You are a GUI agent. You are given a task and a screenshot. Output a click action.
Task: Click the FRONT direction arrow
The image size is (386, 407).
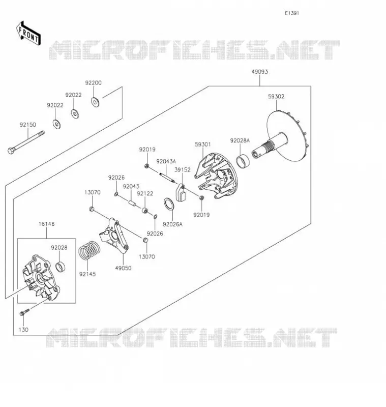pos(28,34)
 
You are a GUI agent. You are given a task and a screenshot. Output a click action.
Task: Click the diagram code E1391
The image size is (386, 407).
pos(292,13)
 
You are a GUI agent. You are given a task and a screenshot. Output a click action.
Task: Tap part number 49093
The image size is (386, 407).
pos(259,72)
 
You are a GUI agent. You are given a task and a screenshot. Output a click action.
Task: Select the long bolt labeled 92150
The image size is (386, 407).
pos(26,142)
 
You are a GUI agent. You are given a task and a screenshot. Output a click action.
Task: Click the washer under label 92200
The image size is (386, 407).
pos(95,102)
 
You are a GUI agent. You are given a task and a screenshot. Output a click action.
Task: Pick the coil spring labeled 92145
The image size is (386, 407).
pos(89,250)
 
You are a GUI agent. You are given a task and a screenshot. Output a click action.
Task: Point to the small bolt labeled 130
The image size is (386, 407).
pos(24,312)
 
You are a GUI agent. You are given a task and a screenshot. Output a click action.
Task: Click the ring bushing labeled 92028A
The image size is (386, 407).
pos(243,161)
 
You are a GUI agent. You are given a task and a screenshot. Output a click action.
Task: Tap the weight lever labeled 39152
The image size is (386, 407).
pos(181,193)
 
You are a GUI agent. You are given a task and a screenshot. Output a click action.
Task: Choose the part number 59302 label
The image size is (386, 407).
pos(276,97)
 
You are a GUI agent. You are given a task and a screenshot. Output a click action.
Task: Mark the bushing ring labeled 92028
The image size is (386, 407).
pos(61,267)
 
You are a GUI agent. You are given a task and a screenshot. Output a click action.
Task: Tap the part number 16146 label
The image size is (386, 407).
pos(46,224)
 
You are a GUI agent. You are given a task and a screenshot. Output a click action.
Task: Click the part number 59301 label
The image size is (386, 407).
pos(203,144)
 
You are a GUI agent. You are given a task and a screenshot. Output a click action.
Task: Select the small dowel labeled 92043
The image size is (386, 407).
pos(132,201)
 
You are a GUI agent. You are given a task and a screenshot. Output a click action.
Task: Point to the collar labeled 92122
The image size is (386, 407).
pos(145,210)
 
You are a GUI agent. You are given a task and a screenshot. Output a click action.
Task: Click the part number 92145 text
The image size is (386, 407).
pos(87,274)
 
